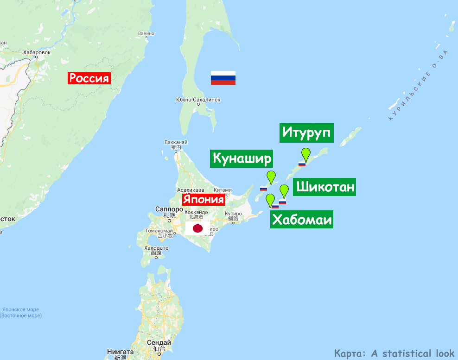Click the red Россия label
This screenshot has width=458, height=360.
pos(89,78)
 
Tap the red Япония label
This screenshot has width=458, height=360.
pos(204,200)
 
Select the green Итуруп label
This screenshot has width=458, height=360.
pos(307,133)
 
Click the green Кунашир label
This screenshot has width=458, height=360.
pos(242,158)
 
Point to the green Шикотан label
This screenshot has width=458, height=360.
pos(325,187)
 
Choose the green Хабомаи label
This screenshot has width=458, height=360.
pos(302,220)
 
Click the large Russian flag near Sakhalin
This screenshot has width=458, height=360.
pos(223,78)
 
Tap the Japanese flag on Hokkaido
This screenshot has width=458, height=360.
pos(197,228)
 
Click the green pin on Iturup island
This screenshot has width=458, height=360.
pos(306,153)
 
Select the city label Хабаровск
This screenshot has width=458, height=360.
pos(37,53)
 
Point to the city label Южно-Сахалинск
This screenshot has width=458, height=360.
pos(198,100)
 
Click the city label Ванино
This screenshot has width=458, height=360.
pos(146,33)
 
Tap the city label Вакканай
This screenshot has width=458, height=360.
pos(175,142)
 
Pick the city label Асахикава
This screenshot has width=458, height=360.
pos(191,190)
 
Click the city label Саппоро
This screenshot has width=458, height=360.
pos(165,209)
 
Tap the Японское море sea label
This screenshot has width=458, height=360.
pos(20,309)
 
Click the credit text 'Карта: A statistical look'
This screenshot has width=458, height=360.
pos(394,353)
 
